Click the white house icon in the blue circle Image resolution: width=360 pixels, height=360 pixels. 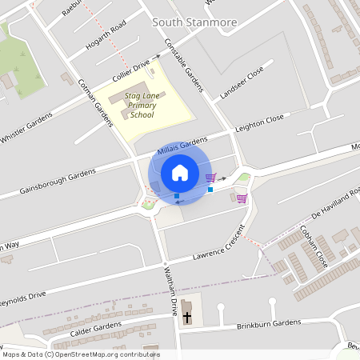(x=179, y=172)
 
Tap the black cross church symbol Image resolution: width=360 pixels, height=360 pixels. (x=187, y=318)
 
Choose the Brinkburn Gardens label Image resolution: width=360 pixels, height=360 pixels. (x=268, y=325)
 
